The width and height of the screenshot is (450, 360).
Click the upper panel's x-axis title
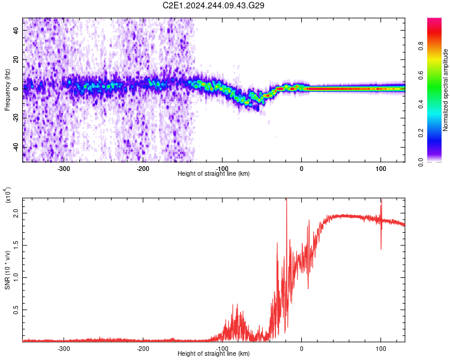click(x=214, y=173)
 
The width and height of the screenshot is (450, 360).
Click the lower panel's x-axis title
click(x=214, y=353)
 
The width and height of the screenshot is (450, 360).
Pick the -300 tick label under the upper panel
click(x=64, y=169)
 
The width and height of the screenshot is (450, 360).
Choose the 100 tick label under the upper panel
click(x=380, y=169)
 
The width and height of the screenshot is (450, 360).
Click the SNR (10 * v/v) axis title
click(x=7, y=270)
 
